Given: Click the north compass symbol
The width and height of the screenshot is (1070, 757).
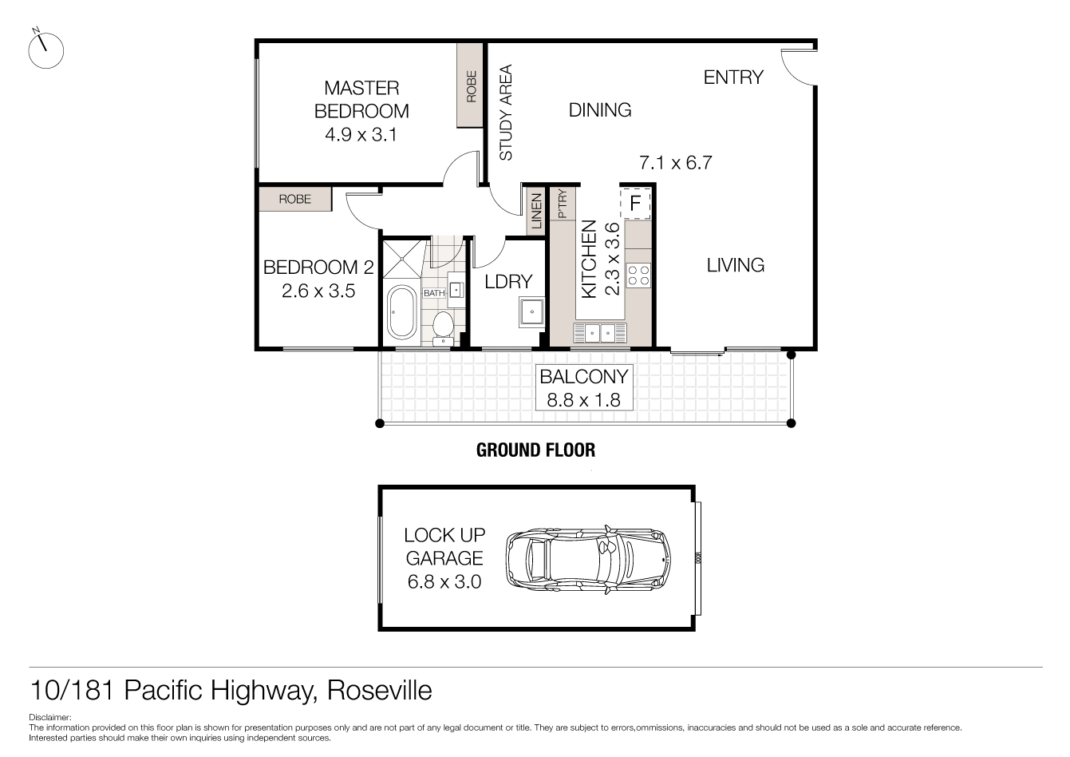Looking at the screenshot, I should pyautogui.click(x=45, y=50).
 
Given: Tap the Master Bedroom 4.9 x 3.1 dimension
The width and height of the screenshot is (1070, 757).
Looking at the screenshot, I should pyautogui.click(x=361, y=135).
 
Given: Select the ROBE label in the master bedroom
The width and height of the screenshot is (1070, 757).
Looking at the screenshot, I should pyautogui.click(x=471, y=86).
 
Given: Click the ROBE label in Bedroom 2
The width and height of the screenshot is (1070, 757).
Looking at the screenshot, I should pyautogui.click(x=294, y=199).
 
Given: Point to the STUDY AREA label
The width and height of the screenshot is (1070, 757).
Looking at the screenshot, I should pyautogui.click(x=506, y=113).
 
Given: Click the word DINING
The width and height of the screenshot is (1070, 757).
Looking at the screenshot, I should pyautogui.click(x=600, y=110).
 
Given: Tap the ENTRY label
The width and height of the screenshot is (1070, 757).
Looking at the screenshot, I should pyautogui.click(x=733, y=77).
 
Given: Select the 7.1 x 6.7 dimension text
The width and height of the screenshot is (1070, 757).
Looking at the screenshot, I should pyautogui.click(x=676, y=163).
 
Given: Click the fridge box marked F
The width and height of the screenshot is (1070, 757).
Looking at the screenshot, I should pyautogui.click(x=635, y=203).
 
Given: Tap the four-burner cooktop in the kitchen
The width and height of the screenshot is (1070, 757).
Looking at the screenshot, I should pyautogui.click(x=638, y=275).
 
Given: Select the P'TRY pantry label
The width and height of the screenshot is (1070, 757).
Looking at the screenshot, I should pyautogui.click(x=563, y=204).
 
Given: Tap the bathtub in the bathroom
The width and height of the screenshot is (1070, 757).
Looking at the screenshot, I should pyautogui.click(x=401, y=312).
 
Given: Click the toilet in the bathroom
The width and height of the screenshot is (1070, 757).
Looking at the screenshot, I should pyautogui.click(x=443, y=327).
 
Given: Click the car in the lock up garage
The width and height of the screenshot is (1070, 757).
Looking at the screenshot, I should pyautogui.click(x=588, y=558).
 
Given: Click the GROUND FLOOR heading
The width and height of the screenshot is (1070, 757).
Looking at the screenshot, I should pyautogui.click(x=535, y=450).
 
